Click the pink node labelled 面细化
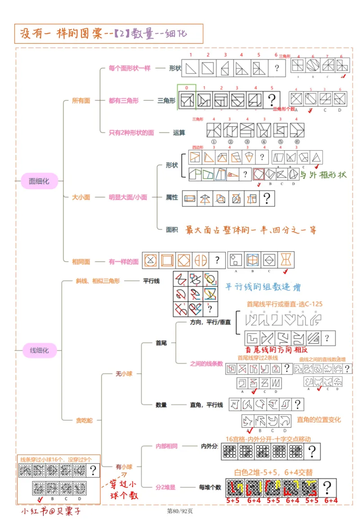39,181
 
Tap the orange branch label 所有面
81,100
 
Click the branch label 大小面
81,197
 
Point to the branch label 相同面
81,261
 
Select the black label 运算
179,132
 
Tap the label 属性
172,197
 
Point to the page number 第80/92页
180,511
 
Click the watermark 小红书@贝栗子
51,511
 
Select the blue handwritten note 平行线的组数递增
263,287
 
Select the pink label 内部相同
166,446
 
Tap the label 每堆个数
210,487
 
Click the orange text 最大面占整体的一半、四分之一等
251,230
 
